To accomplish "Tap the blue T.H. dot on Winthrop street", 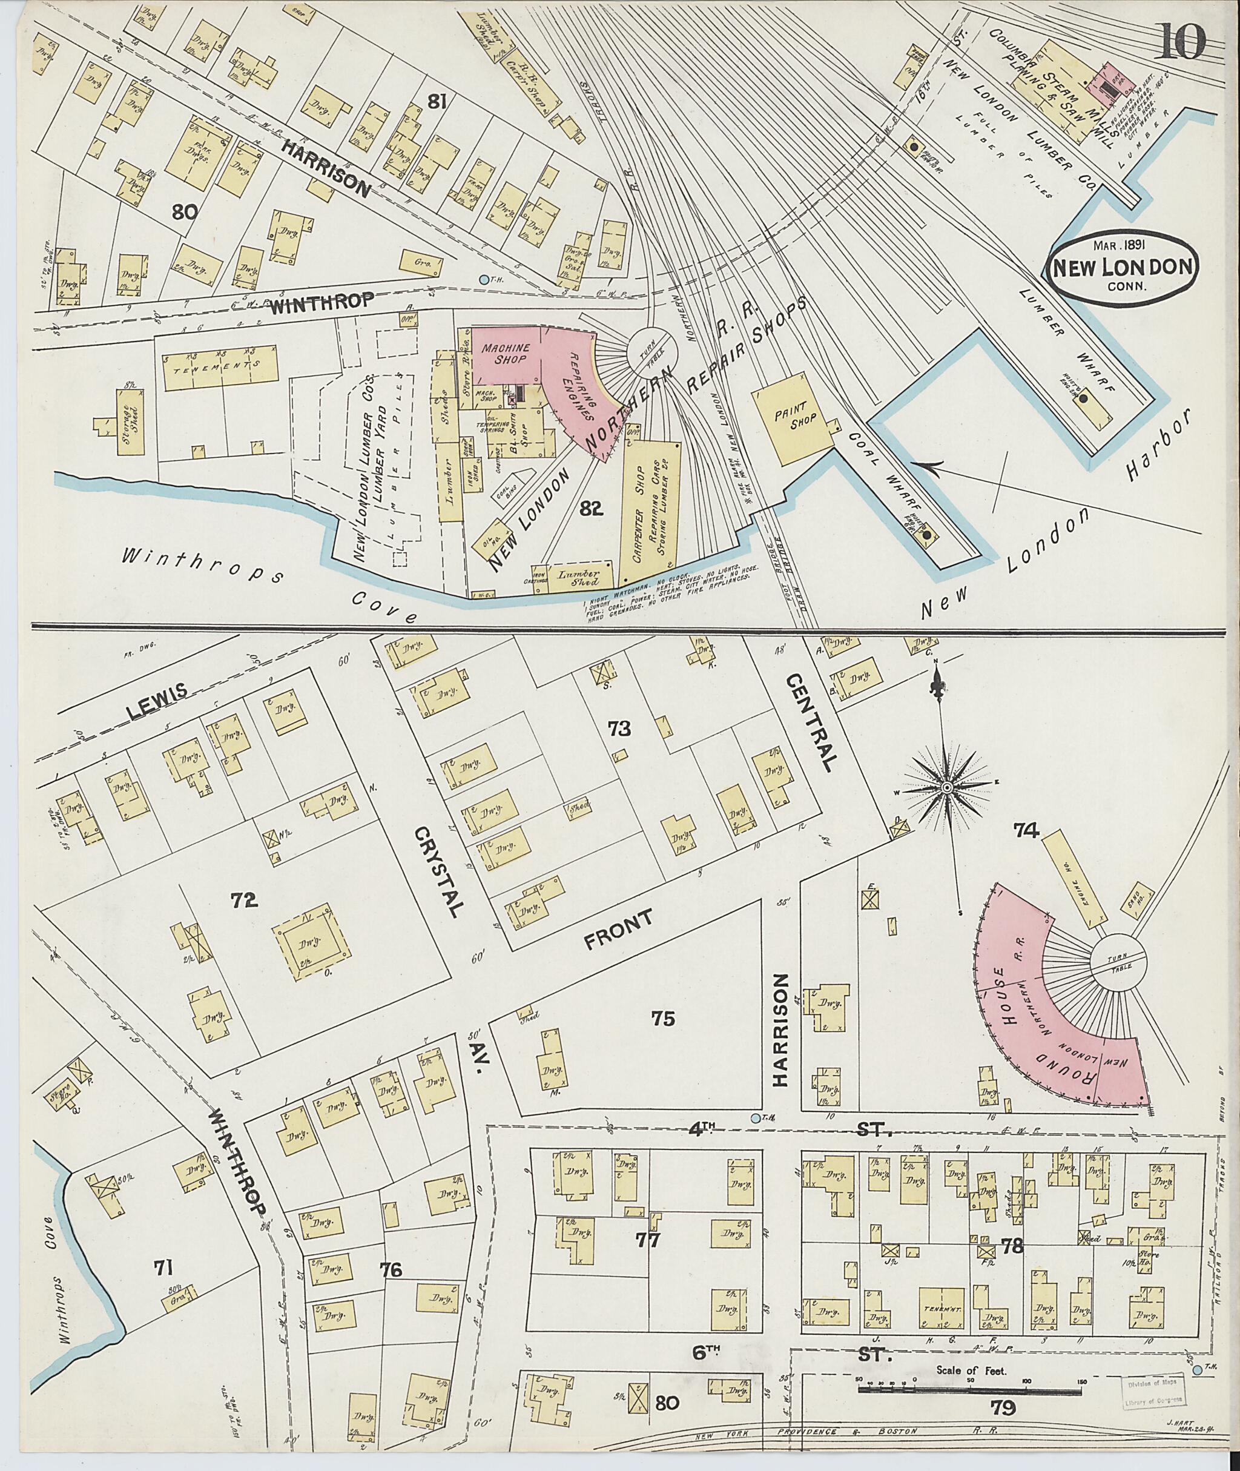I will click(483, 280).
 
